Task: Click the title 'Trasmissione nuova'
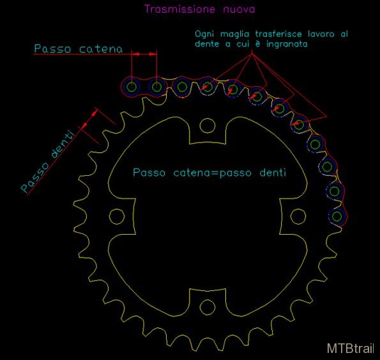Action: [200, 9]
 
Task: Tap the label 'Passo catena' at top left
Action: [79, 49]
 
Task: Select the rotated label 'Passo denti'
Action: [47, 161]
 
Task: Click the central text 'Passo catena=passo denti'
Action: [209, 173]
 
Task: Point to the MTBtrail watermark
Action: [351, 348]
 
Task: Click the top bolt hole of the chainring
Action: [207, 125]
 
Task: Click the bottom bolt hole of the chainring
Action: [207, 307]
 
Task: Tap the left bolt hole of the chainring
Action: [117, 216]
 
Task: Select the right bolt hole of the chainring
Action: [298, 216]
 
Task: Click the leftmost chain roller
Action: [132, 86]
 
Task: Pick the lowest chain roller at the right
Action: [337, 217]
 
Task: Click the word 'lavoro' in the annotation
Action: [321, 34]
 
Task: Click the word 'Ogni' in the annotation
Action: [204, 34]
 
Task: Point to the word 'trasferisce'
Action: [278, 34]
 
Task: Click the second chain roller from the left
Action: [156, 86]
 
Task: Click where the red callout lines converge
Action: [252, 54]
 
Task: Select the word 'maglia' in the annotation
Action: [234, 34]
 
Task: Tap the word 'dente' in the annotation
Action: [207, 44]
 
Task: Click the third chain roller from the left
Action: [182, 86]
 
